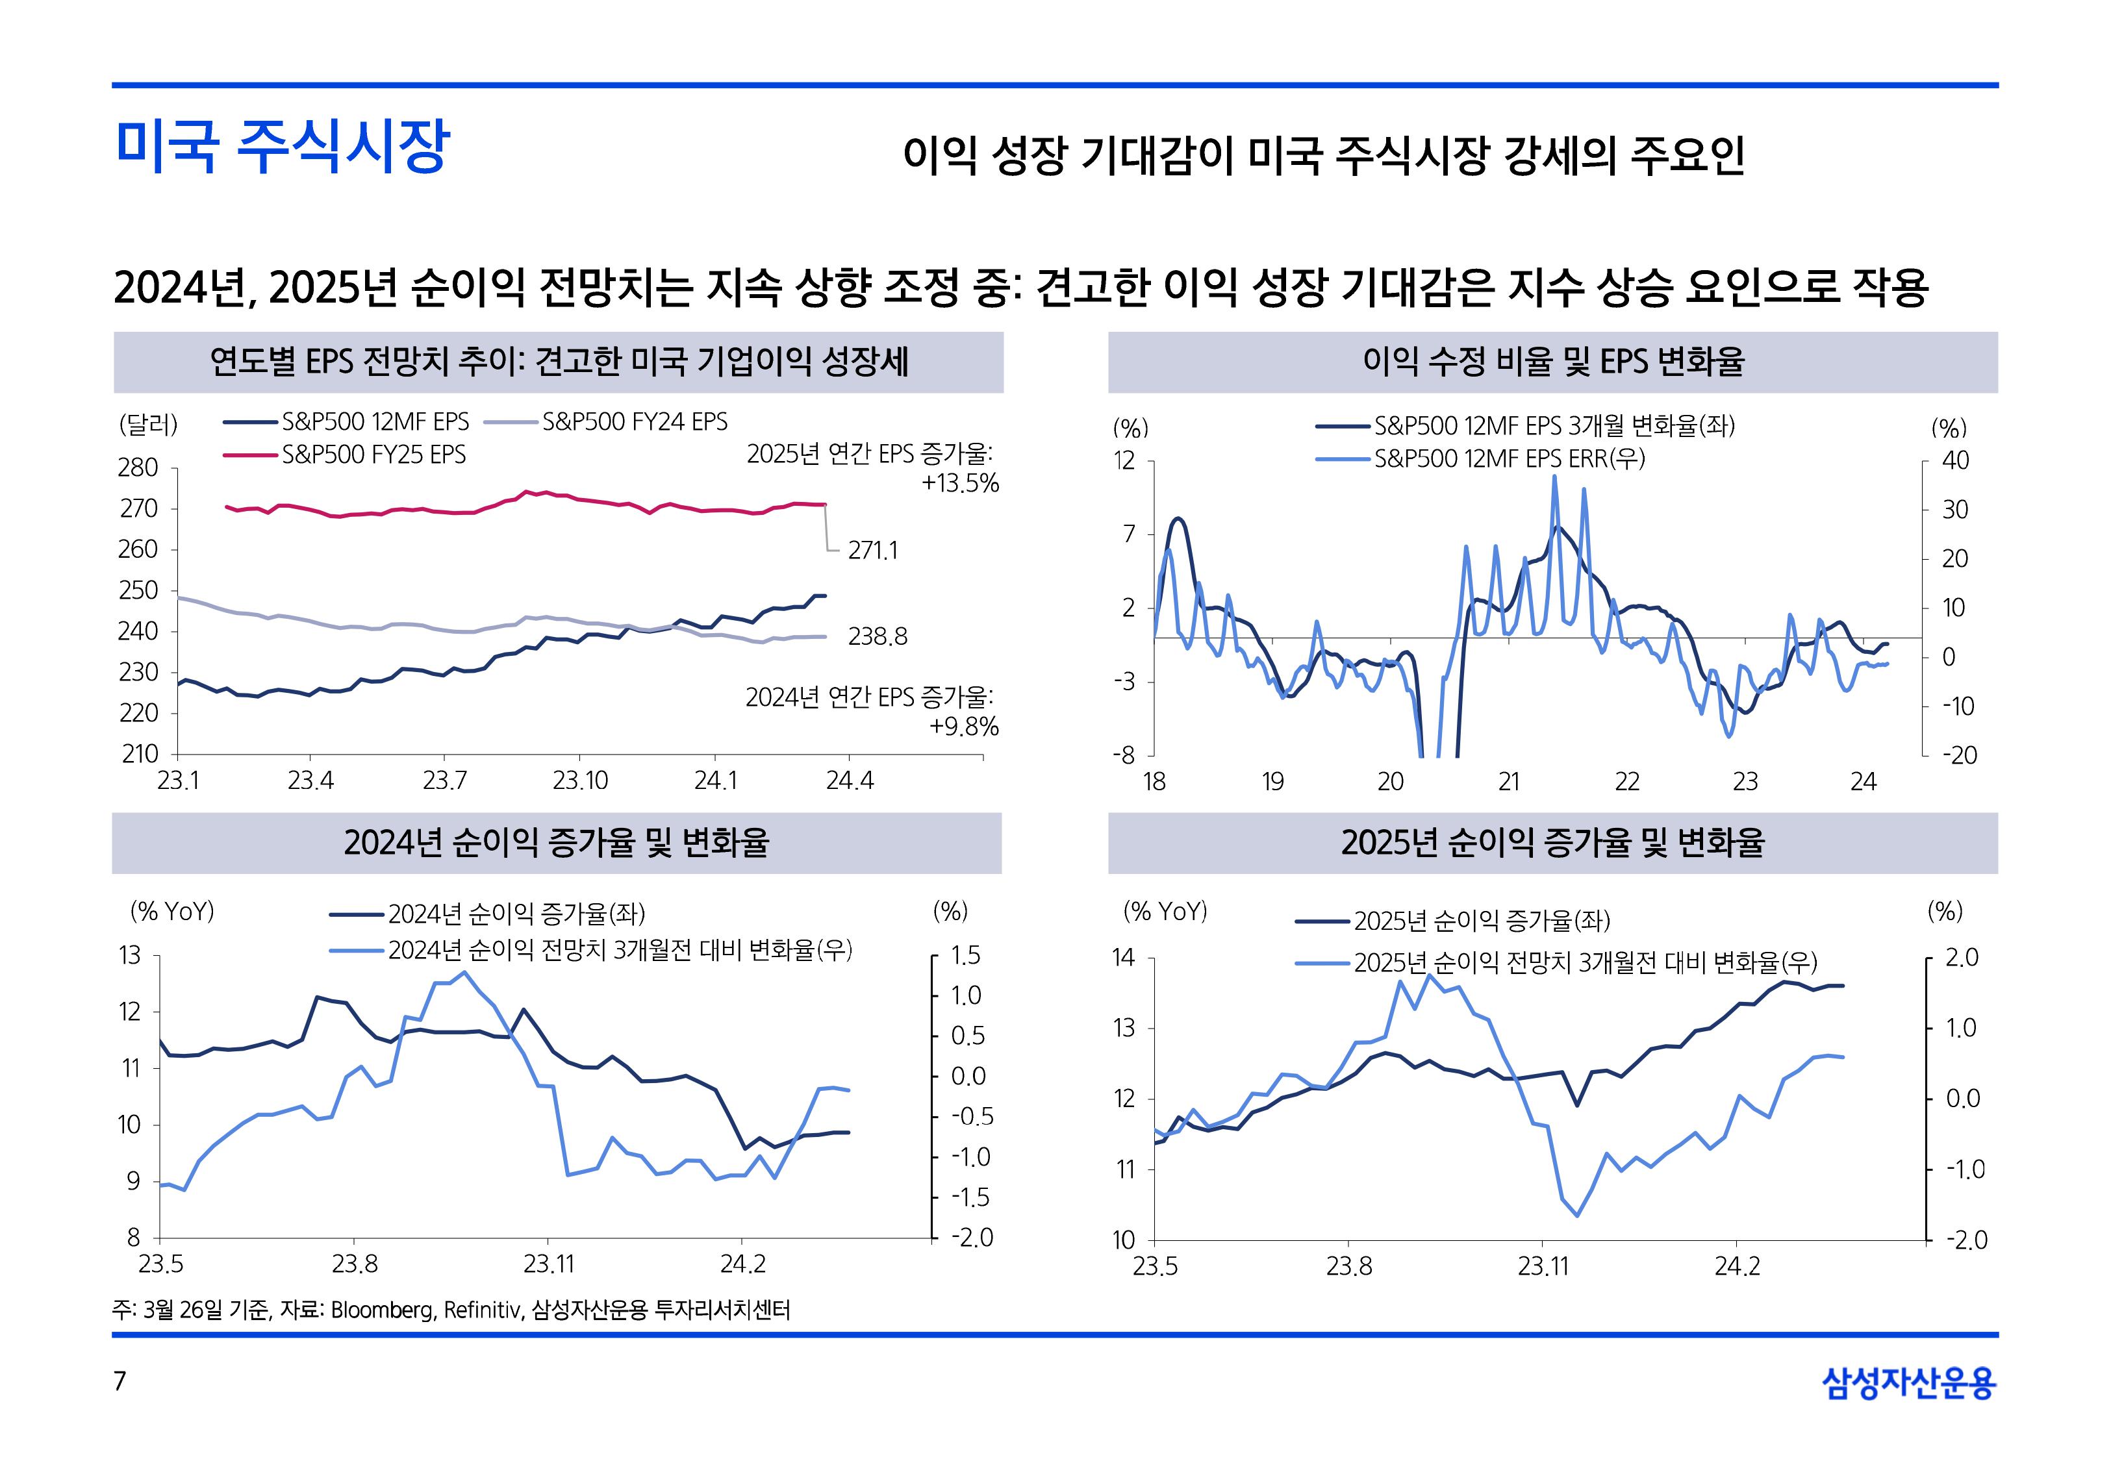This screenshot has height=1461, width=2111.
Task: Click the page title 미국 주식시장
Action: [283, 147]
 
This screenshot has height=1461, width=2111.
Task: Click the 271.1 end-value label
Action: [872, 551]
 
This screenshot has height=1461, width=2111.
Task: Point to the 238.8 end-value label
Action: [877, 637]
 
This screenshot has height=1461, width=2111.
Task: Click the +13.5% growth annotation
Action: [960, 484]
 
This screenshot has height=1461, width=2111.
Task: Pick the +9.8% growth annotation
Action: [964, 727]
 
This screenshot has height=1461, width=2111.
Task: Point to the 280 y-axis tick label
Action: [138, 468]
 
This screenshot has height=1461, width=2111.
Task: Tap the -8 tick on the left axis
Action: [1124, 756]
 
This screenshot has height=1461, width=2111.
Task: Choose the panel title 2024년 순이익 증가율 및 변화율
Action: [557, 843]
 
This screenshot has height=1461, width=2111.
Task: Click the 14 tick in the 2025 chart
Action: [1123, 958]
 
